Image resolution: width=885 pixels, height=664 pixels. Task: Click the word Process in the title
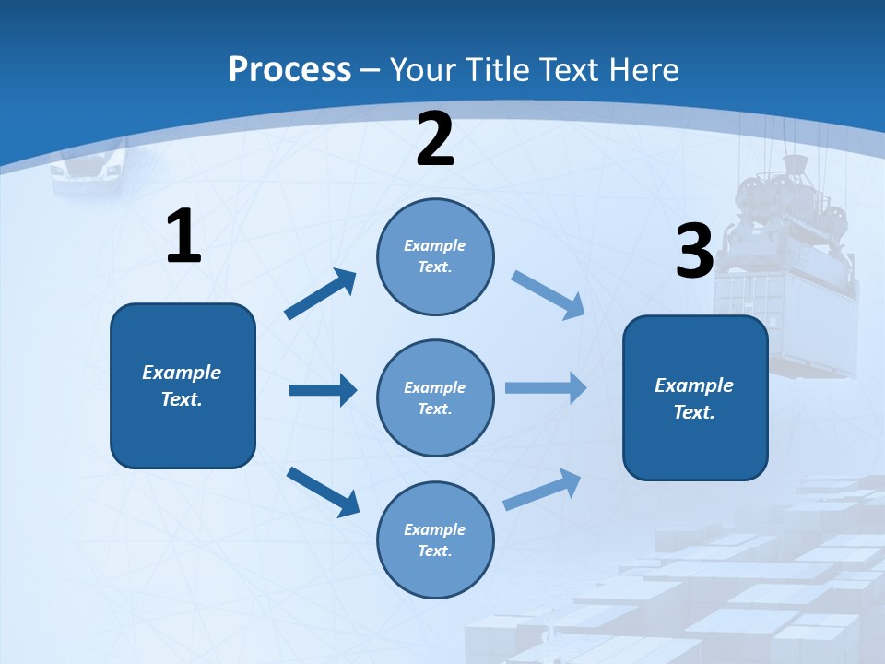289,70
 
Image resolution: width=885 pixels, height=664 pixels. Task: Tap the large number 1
183,237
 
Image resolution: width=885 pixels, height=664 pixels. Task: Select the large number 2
435,139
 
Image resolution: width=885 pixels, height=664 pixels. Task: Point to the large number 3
694,251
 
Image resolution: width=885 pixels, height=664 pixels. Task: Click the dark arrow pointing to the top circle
321,294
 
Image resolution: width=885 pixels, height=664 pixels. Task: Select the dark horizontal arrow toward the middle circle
322,390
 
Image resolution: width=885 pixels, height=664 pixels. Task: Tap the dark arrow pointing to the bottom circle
323,492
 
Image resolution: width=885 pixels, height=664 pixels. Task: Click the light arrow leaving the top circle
548,294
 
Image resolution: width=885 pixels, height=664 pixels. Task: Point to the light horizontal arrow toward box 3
545,387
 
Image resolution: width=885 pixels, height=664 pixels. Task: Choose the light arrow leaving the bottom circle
542,490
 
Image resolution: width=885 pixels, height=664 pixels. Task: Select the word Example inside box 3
694,385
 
